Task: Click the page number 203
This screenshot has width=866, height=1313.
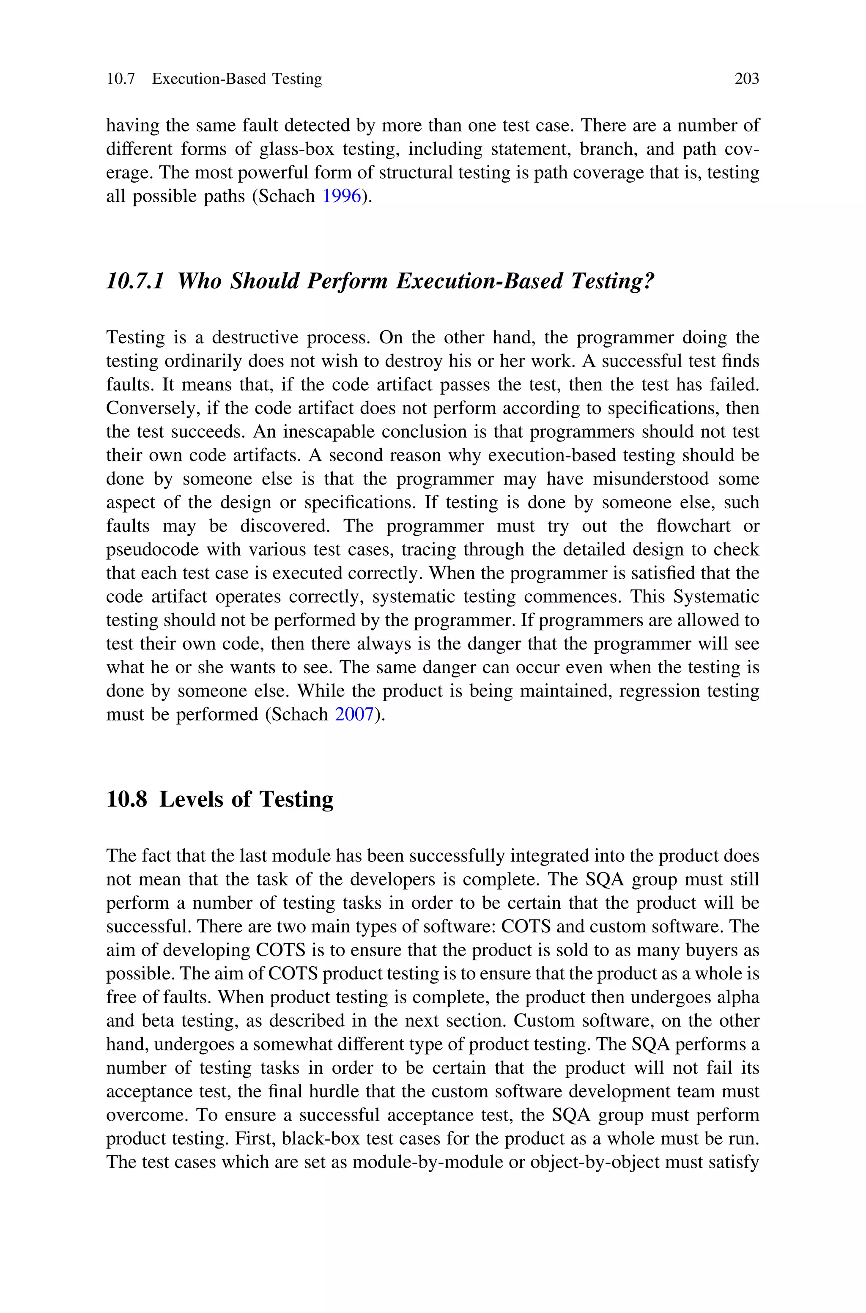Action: [747, 79]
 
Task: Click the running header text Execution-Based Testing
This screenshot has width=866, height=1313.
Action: [237, 79]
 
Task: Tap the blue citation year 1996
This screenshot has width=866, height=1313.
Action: [341, 196]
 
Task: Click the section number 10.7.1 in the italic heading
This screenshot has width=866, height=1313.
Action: [135, 281]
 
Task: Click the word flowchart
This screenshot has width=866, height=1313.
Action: [693, 526]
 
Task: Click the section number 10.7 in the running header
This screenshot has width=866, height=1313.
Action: [121, 79]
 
